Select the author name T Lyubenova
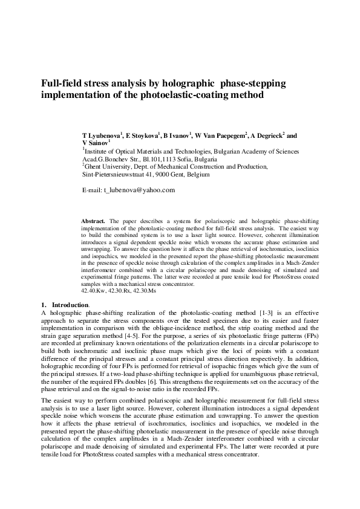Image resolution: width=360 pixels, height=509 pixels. point(102,137)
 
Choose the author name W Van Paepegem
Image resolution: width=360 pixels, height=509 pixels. point(221,137)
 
